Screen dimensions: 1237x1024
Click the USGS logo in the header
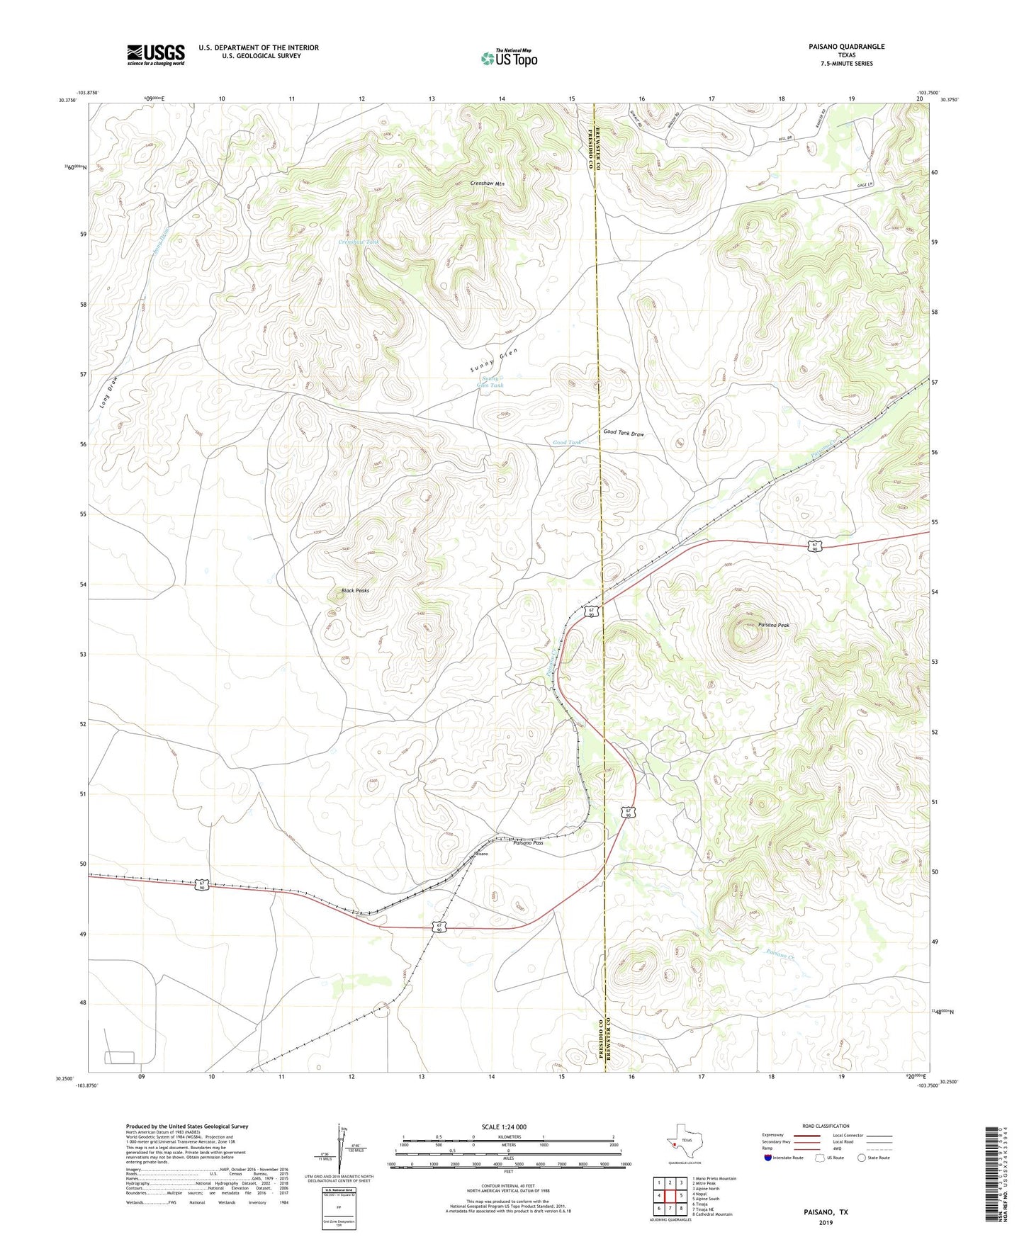click(156, 55)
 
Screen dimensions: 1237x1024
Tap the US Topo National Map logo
click(508, 57)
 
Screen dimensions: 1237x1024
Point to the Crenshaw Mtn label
click(487, 183)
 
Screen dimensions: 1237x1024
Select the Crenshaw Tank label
click(359, 242)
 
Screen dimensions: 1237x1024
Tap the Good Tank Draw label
click(624, 433)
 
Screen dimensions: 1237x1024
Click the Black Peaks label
click(355, 590)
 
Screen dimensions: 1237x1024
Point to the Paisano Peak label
click(773, 625)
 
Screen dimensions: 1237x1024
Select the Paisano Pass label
click(528, 843)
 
